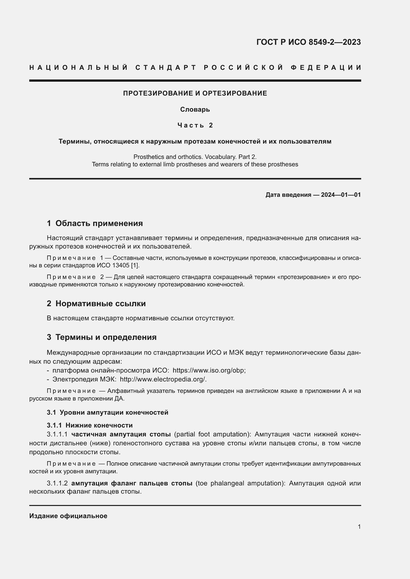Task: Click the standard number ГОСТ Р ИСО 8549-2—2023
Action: point(309,42)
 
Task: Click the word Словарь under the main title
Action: point(195,109)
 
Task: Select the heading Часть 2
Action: point(195,125)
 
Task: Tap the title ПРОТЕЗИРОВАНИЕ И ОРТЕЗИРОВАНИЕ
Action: point(195,93)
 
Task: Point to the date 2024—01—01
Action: point(341,195)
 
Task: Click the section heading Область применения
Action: point(99,224)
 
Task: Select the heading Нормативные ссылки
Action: point(100,304)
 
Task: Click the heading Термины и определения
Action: point(106,337)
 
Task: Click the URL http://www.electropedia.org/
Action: point(163,379)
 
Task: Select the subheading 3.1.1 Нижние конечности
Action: point(90,426)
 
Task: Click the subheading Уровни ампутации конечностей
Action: point(114,413)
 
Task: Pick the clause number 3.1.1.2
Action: point(57,483)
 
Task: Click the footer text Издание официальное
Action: point(68,516)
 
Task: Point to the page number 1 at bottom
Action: point(359,527)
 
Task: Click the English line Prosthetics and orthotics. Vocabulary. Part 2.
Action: point(195,157)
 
